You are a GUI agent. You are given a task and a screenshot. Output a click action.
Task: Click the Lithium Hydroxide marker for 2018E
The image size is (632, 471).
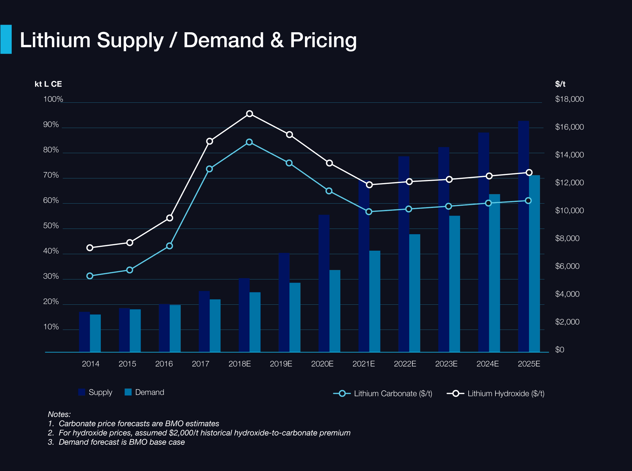click(250, 114)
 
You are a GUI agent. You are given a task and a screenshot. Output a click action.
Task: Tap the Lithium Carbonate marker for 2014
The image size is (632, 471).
click(90, 276)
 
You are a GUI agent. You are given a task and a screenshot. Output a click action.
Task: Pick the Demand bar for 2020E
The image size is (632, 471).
click(335, 311)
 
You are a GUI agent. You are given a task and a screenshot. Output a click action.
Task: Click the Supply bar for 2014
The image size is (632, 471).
click(84, 332)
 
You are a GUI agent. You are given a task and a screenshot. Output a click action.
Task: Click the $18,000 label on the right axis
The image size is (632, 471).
click(569, 99)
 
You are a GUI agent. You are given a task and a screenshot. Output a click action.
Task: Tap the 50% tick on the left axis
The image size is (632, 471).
click(51, 226)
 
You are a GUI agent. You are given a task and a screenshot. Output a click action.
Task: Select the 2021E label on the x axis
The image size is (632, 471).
click(363, 364)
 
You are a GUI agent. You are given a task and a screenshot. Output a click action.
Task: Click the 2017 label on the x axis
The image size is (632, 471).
click(200, 364)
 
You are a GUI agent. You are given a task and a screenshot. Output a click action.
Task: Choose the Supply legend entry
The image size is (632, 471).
click(95, 392)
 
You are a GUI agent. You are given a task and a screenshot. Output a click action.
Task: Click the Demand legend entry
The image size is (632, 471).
click(144, 392)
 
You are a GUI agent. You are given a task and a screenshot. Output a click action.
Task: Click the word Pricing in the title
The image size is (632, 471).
click(323, 40)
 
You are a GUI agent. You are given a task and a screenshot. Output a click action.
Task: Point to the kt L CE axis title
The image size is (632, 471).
click(48, 84)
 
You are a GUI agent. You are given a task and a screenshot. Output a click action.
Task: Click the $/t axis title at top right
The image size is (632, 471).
click(560, 84)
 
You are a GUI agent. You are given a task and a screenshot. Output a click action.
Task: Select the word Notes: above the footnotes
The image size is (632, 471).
click(59, 414)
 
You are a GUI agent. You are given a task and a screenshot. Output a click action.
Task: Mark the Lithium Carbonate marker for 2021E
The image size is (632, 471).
click(369, 212)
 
